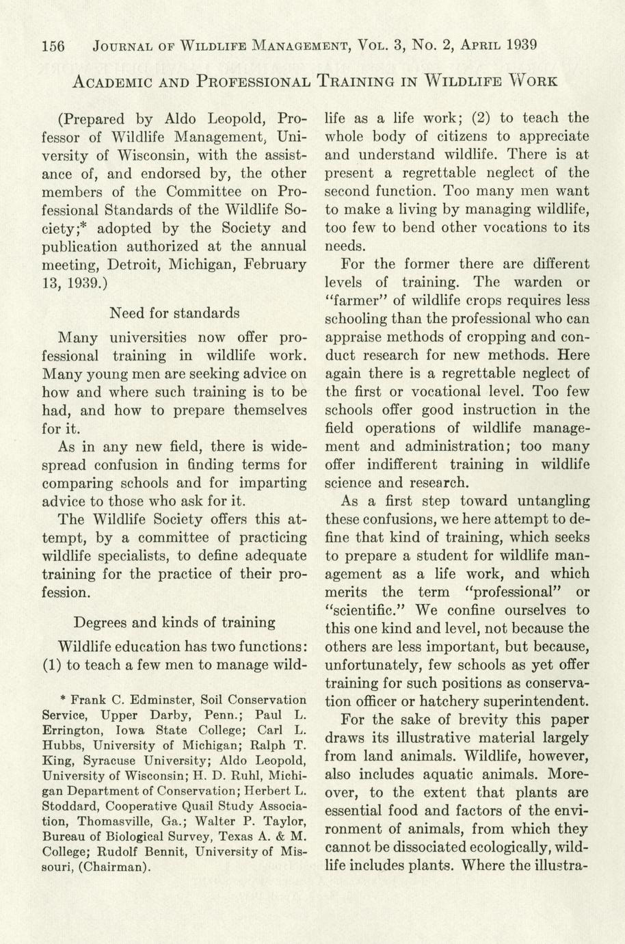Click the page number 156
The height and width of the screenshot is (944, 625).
click(53, 47)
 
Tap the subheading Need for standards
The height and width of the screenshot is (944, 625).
click(174, 313)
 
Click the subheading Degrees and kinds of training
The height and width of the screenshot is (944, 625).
click(174, 622)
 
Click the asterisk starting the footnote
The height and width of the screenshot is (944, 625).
click(63, 700)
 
